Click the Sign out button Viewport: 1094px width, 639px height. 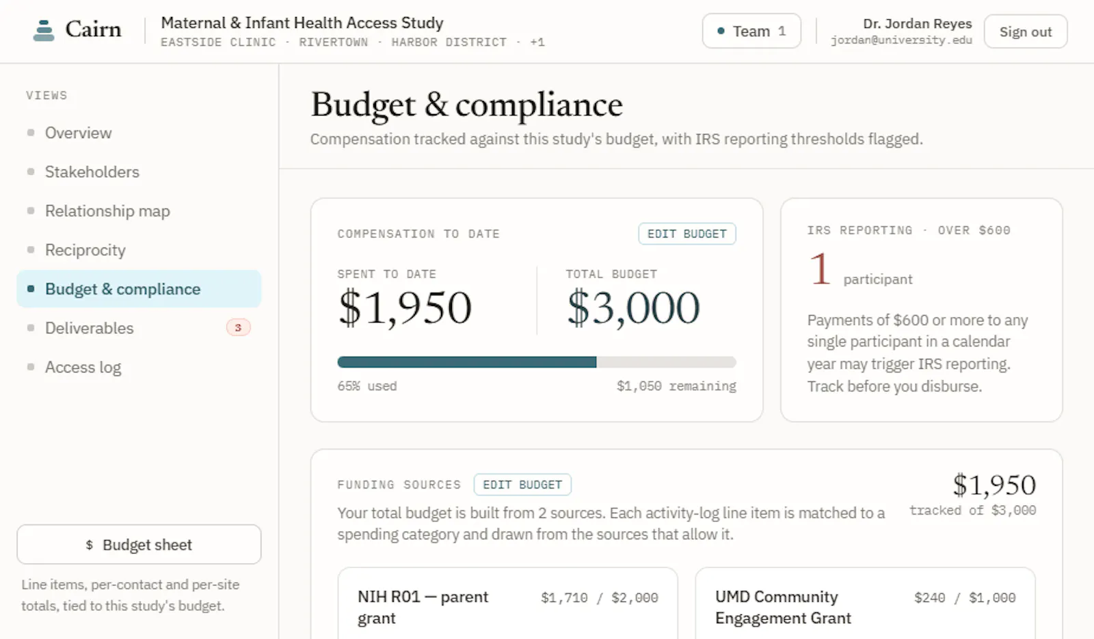(x=1025, y=31)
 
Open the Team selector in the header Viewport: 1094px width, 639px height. (x=751, y=31)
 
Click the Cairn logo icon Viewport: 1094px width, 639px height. (x=44, y=30)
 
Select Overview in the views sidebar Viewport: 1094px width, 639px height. (x=78, y=133)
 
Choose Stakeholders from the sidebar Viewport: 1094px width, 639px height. (x=92, y=172)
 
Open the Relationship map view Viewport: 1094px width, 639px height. (x=107, y=211)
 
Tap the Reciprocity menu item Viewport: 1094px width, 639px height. (x=85, y=250)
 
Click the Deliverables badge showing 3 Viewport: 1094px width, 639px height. (x=238, y=327)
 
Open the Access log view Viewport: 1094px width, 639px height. (x=83, y=367)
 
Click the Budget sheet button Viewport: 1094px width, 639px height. (x=139, y=544)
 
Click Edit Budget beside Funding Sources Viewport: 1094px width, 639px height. (x=522, y=485)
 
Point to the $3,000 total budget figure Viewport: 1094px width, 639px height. (x=633, y=308)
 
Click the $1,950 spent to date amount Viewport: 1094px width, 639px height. (x=404, y=308)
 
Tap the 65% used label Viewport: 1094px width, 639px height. (x=366, y=386)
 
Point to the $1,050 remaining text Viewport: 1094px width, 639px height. (x=676, y=386)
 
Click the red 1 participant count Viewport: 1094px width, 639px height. (x=820, y=269)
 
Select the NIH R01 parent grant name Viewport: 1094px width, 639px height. (x=423, y=608)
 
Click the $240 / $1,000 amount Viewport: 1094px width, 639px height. (x=965, y=597)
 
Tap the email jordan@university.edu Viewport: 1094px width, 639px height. (x=901, y=40)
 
